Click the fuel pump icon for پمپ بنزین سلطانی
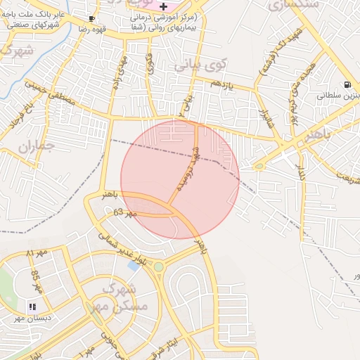point(347,85)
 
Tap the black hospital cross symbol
point(163,6)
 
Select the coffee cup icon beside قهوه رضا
point(92,19)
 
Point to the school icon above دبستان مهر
point(32,307)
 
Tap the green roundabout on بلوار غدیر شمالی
point(159,266)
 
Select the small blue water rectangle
point(134,266)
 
